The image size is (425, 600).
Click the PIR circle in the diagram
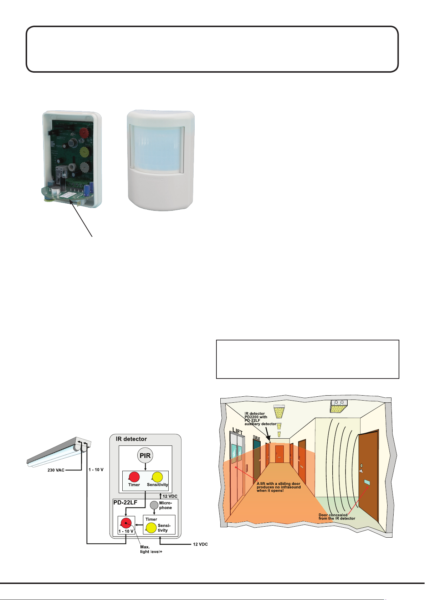pos(145,455)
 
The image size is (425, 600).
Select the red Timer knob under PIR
pos(134,477)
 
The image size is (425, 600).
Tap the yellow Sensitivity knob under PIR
pos(157,477)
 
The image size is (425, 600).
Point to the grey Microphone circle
pos(154,505)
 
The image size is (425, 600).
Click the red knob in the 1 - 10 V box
pos(126,523)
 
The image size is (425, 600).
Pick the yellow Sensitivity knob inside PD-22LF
pos(151,528)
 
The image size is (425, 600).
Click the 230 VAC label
pos(56,470)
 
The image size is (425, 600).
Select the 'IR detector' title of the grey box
pos(131,439)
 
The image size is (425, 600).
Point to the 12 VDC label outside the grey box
pos(200,544)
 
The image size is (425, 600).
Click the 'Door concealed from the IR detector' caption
pos(337,517)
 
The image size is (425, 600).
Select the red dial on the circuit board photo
pos(84,133)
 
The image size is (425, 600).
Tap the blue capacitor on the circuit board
pos(92,188)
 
